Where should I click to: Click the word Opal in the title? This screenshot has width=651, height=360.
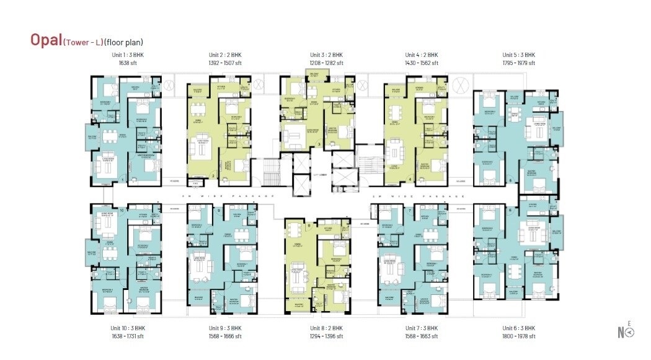coord(46,40)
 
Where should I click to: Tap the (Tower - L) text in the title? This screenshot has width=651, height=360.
coord(82,42)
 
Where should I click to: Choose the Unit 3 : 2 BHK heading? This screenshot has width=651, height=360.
coord(326,55)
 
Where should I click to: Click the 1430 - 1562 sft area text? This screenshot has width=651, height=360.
coord(422,63)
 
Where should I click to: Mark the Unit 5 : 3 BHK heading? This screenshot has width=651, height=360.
coord(518,55)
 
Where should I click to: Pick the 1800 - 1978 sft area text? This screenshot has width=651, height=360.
coord(518,336)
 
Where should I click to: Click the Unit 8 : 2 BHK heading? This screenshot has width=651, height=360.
coord(326,328)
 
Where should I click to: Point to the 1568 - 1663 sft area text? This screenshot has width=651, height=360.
coord(422,336)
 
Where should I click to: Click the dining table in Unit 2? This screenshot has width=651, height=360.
coord(199,110)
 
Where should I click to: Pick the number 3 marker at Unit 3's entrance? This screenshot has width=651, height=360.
coord(319,145)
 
